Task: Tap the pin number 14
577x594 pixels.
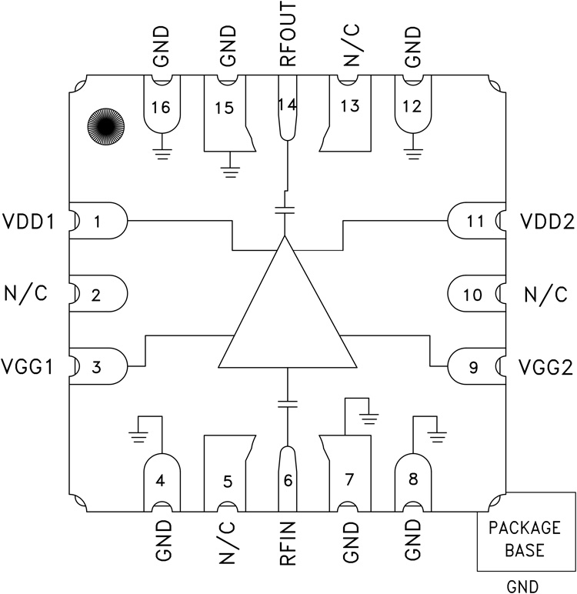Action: click(287, 105)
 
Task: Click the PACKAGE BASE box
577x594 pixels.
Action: click(526, 539)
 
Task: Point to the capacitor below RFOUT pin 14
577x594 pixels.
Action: click(286, 209)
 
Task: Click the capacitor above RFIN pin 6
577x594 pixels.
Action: click(287, 402)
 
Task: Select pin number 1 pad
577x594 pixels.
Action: click(98, 222)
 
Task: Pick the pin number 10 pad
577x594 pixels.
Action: click(475, 295)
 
